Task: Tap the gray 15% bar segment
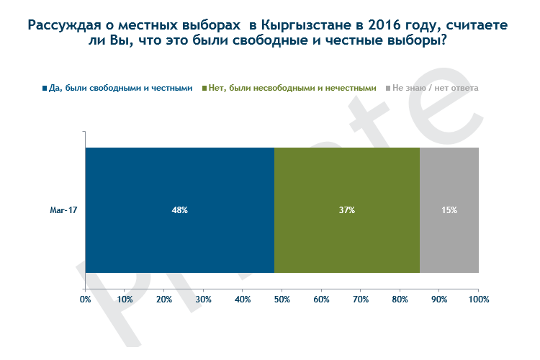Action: tap(449, 238)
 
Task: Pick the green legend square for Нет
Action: tap(204, 89)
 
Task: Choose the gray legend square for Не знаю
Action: tap(387, 89)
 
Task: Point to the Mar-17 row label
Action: tap(64, 210)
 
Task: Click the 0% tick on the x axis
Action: tap(85, 299)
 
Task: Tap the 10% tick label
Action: tap(125, 299)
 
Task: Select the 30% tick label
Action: tap(203, 299)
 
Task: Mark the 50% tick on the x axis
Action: tap(282, 299)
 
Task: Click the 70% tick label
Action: tap(361, 299)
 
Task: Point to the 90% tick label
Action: tap(439, 299)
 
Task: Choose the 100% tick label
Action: tap(479, 299)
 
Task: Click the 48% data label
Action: tap(179, 210)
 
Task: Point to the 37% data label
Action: tap(346, 210)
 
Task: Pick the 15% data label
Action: tap(449, 210)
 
